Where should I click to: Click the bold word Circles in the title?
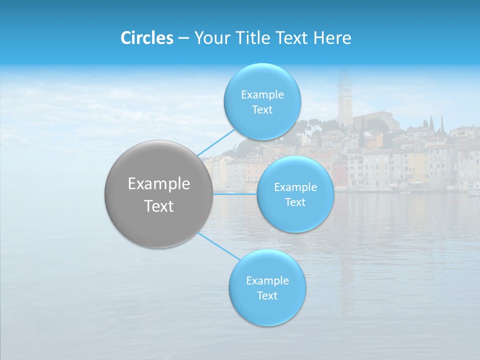(x=147, y=38)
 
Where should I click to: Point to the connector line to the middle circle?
(x=235, y=193)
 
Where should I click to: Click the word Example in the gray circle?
(x=159, y=184)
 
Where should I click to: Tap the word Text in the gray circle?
(x=159, y=206)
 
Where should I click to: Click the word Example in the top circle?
(x=262, y=95)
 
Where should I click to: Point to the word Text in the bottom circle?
(x=267, y=295)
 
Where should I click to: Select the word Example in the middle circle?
(x=295, y=187)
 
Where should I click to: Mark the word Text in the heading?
(x=294, y=38)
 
